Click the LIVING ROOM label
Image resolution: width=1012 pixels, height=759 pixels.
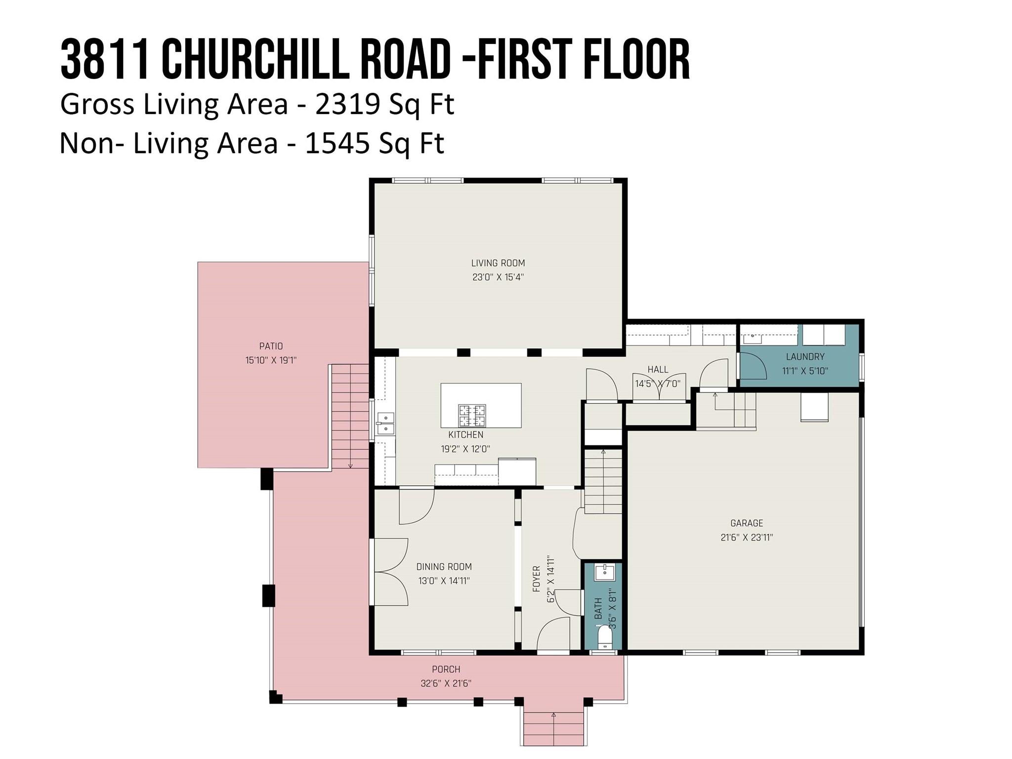(498, 263)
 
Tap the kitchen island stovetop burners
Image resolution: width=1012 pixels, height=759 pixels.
(472, 416)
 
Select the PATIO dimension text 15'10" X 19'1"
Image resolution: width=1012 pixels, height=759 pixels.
(271, 360)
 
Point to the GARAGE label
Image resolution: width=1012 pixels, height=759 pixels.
(747, 523)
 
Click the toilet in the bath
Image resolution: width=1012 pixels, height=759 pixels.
(604, 637)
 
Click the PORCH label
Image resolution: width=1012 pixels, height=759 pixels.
(446, 669)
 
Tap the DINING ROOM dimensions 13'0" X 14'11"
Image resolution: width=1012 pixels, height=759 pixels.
(444, 581)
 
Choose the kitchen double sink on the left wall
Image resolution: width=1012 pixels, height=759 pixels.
(385, 423)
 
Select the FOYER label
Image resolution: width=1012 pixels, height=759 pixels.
(536, 579)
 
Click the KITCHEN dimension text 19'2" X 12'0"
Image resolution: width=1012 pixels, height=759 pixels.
(465, 449)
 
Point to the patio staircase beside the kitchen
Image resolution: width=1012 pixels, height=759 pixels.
(350, 416)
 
